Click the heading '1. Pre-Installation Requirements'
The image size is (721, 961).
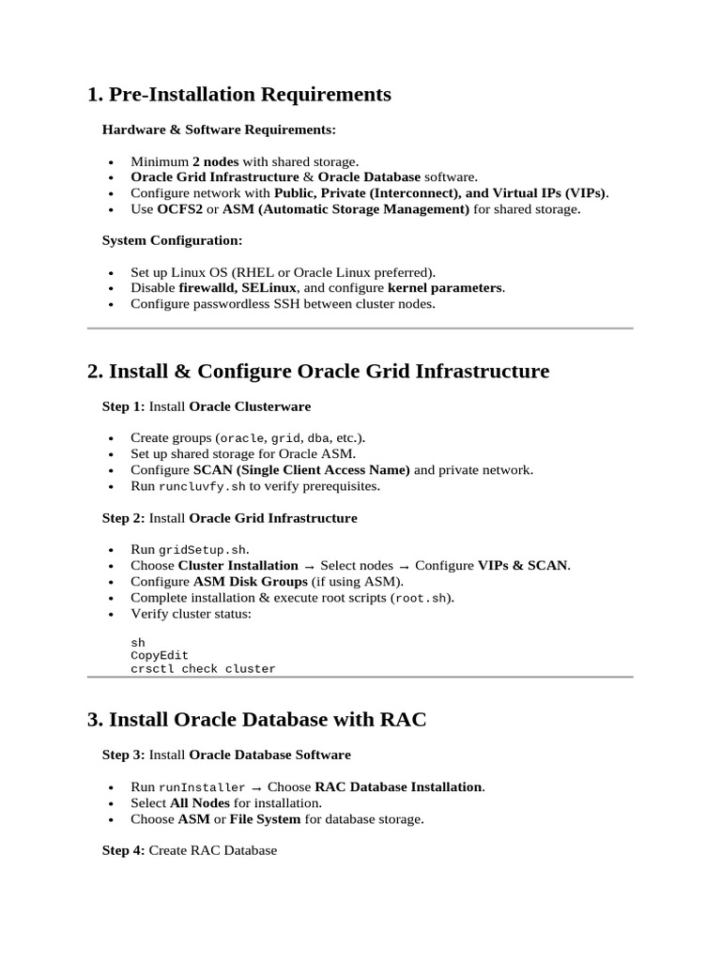tap(238, 95)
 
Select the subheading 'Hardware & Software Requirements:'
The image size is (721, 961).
tap(218, 129)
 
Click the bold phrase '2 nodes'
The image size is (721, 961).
tap(215, 161)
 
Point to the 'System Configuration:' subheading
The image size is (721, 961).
tap(172, 241)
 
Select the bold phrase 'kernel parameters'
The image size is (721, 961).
tap(445, 288)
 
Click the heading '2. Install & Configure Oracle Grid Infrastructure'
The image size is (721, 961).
tap(318, 372)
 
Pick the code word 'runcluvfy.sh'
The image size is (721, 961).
tap(201, 487)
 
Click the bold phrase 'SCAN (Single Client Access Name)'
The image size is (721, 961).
tap(301, 470)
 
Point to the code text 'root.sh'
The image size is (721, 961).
tap(421, 598)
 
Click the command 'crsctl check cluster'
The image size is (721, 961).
tap(203, 669)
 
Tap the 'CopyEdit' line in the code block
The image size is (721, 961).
tap(160, 656)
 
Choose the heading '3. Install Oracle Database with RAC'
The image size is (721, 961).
tap(256, 720)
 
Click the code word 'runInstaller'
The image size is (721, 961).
tap(201, 787)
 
